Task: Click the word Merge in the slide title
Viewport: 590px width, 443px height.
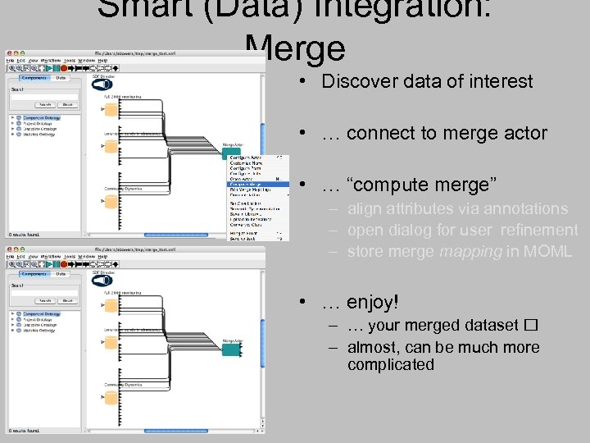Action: pos(295,49)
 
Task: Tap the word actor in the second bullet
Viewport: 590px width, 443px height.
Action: pos(524,133)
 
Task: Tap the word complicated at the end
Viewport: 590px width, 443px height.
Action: pos(391,365)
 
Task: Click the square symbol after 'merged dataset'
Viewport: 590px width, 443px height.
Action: pos(531,326)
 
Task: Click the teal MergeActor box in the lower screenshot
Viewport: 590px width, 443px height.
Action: pos(232,349)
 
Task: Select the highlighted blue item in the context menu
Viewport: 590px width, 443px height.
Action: pos(257,185)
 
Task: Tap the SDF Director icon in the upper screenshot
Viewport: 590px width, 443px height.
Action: pos(102,84)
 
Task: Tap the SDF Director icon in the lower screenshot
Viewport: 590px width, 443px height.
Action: pos(102,281)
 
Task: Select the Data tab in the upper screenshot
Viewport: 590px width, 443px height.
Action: pos(61,78)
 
